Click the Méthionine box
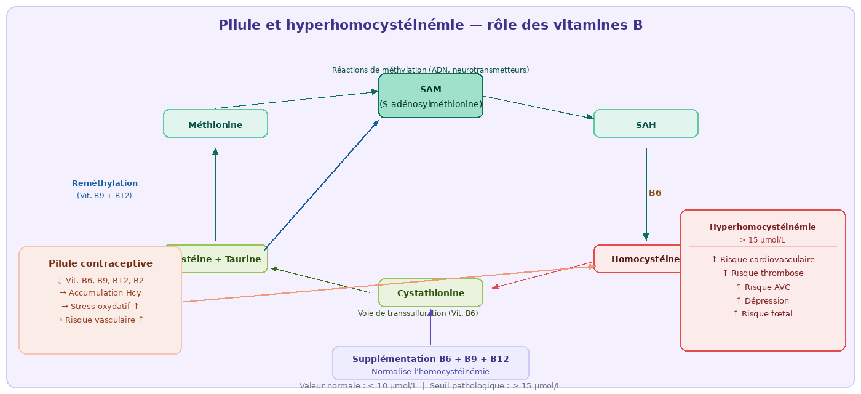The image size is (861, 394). (215, 124)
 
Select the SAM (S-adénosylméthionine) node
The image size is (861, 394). (430, 96)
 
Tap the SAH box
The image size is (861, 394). (646, 124)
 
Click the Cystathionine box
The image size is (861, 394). (430, 293)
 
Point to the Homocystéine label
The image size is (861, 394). (645, 259)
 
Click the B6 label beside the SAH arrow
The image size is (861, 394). (655, 193)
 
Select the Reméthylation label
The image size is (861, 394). (105, 183)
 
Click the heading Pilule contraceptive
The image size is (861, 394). (100, 263)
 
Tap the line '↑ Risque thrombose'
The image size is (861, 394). (763, 273)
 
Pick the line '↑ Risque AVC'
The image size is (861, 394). (763, 287)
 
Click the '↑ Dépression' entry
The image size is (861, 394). (763, 301)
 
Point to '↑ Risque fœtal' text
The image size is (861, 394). (763, 314)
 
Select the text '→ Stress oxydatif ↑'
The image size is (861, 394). (100, 307)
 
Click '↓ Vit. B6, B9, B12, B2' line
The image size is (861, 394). (100, 281)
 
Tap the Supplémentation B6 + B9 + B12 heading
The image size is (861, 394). (430, 359)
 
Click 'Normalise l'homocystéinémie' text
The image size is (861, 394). (430, 372)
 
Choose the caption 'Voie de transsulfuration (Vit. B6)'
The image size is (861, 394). (418, 313)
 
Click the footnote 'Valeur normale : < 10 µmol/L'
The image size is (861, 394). (358, 386)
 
